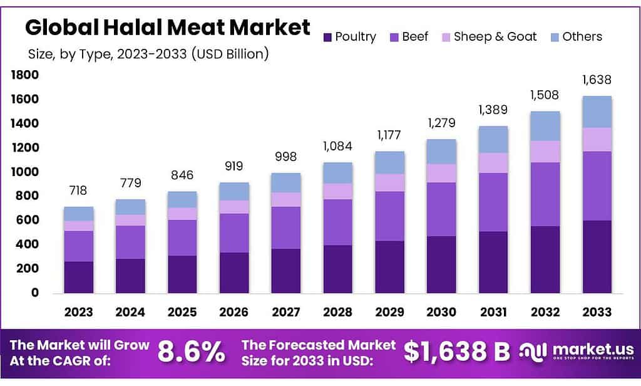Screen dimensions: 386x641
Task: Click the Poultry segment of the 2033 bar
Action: click(x=597, y=256)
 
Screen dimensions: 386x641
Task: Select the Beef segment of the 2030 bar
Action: click(x=441, y=209)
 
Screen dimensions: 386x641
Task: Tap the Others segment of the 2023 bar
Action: click(x=78, y=213)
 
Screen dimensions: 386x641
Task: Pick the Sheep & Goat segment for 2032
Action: click(x=545, y=152)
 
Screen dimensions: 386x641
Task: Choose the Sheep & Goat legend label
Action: click(x=495, y=36)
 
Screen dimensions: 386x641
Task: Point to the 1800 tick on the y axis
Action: click(x=25, y=75)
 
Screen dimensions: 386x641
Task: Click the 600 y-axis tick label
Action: click(x=28, y=220)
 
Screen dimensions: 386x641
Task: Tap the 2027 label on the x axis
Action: click(x=286, y=312)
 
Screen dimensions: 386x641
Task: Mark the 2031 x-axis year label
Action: click(x=493, y=312)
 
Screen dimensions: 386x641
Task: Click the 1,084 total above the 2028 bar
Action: click(x=337, y=147)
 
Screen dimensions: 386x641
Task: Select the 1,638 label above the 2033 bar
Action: click(x=597, y=80)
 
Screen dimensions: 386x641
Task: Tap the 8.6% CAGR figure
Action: click(x=192, y=352)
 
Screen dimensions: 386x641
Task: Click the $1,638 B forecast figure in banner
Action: click(x=456, y=352)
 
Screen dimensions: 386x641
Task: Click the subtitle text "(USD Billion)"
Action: click(x=232, y=54)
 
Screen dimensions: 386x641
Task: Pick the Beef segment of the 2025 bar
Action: click(x=182, y=237)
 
